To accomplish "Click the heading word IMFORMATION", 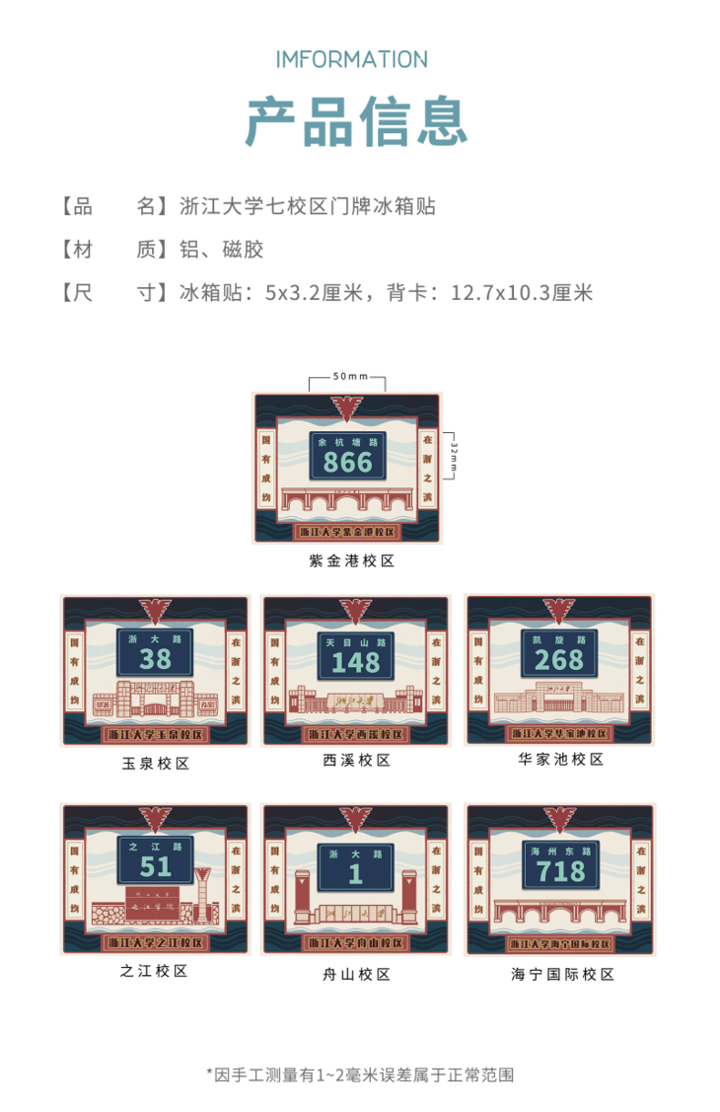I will click(351, 59).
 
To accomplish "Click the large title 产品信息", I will click(356, 121).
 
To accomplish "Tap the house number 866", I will click(348, 462).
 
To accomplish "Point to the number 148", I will click(356, 663).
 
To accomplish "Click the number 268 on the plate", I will click(559, 659).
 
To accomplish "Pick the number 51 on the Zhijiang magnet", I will click(156, 866).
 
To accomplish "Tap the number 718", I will click(559, 870).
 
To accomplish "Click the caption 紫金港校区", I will click(351, 561).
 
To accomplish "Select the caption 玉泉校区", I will click(156, 763).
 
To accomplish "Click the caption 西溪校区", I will click(356, 761).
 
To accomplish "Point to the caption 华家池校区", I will click(560, 759).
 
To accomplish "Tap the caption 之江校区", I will click(154, 970).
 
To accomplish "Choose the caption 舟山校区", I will click(356, 974).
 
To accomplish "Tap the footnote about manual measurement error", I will click(360, 1075).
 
